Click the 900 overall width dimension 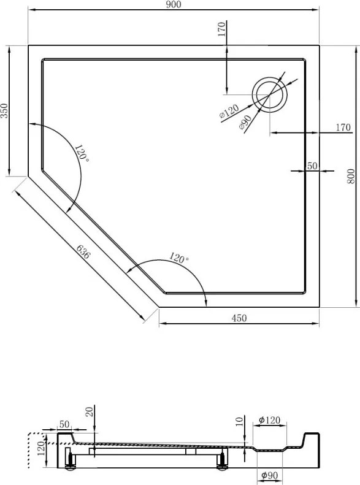click(174, 5)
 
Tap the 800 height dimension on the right click(351, 177)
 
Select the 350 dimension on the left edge click(5, 111)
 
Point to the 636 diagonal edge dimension click(83, 252)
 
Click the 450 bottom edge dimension click(239, 318)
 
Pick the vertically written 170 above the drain click(222, 29)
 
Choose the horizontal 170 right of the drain click(343, 128)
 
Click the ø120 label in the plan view click(229, 112)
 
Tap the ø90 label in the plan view click(244, 123)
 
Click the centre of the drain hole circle click(270, 94)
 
